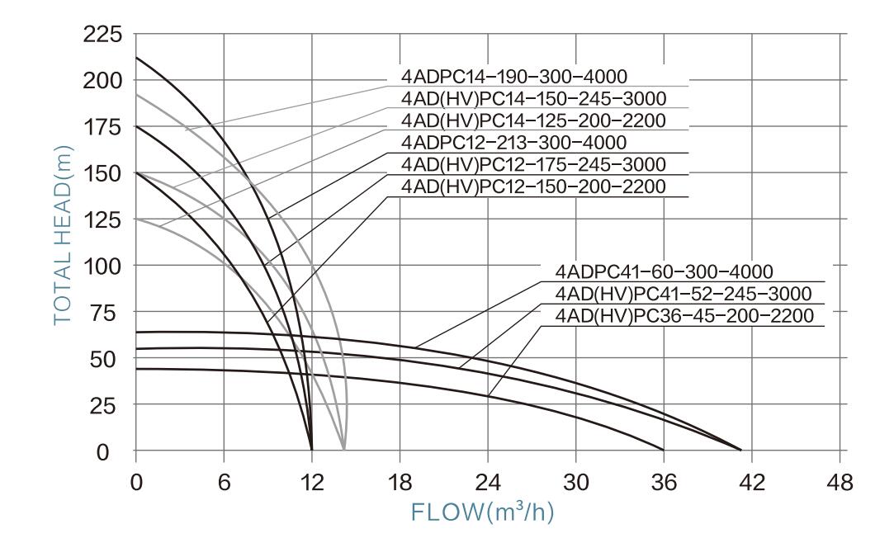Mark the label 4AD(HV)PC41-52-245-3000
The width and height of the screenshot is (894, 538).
684,294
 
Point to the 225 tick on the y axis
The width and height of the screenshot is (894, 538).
104,35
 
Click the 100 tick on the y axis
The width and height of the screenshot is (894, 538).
104,267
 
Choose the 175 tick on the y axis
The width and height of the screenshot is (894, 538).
104,128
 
